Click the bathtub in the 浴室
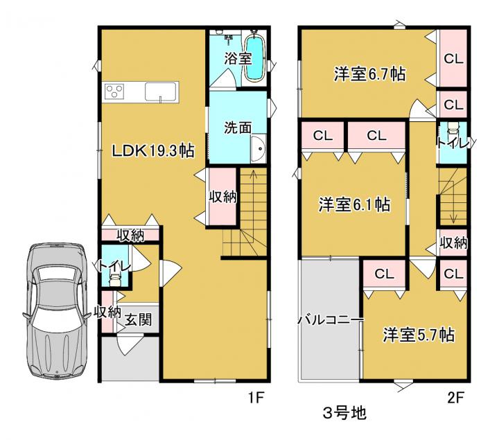pyautogui.click(x=254, y=58)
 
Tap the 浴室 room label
pyautogui.click(x=238, y=58)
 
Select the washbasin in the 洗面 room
pyautogui.click(x=258, y=148)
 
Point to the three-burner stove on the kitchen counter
pyautogui.click(x=114, y=92)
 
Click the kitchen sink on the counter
pyautogui.click(x=161, y=92)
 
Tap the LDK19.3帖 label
pyautogui.click(x=152, y=150)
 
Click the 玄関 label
pyautogui.click(x=138, y=319)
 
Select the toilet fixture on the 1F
pyautogui.click(x=114, y=279)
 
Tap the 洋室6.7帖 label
pyautogui.click(x=370, y=74)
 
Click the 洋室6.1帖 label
pyautogui.click(x=355, y=204)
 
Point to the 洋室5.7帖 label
pyautogui.click(x=419, y=335)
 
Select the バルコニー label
pyautogui.click(x=331, y=320)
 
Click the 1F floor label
pyautogui.click(x=256, y=397)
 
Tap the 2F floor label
pyautogui.click(x=456, y=397)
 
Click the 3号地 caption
pyautogui.click(x=344, y=413)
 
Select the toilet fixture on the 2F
pyautogui.click(x=453, y=130)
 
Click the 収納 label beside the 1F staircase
pyautogui.click(x=222, y=197)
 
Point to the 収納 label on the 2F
pyautogui.click(x=453, y=243)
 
